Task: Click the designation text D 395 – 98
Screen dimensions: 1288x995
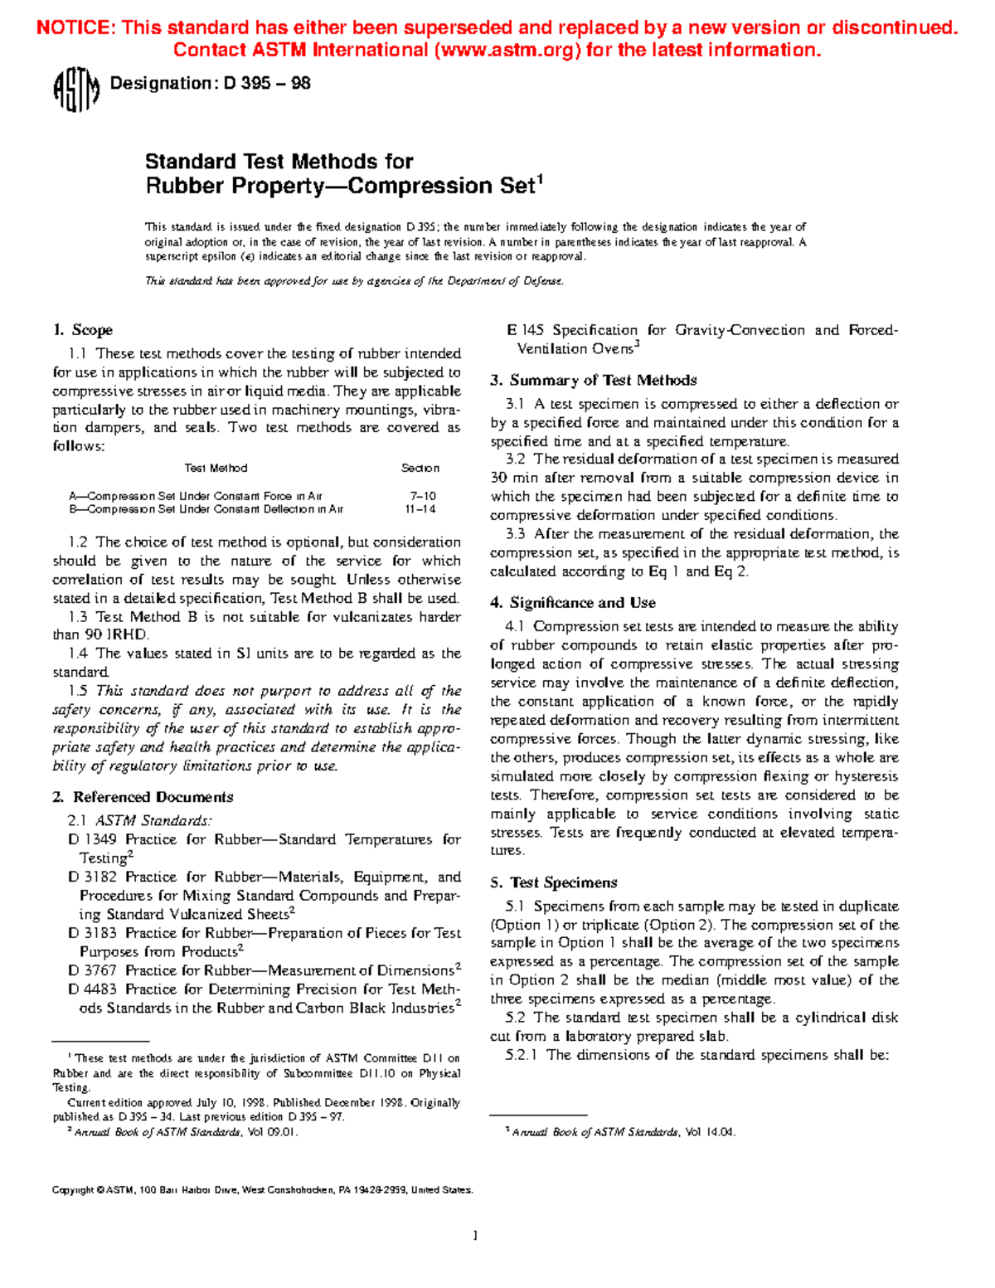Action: (x=267, y=83)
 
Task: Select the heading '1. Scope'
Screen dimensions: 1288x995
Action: (x=83, y=330)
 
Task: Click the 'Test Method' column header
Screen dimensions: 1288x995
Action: (x=216, y=469)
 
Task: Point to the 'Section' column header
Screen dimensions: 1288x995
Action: (x=420, y=469)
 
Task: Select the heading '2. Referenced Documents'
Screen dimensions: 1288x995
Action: (x=143, y=797)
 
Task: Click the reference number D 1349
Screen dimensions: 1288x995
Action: (x=92, y=839)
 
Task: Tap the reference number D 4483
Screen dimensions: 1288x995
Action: (x=92, y=989)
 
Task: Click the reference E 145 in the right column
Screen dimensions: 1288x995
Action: (x=526, y=330)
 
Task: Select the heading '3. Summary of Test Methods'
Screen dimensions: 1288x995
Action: (x=594, y=381)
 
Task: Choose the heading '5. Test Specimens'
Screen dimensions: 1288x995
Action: (x=554, y=882)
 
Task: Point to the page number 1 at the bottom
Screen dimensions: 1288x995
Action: (x=475, y=1236)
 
